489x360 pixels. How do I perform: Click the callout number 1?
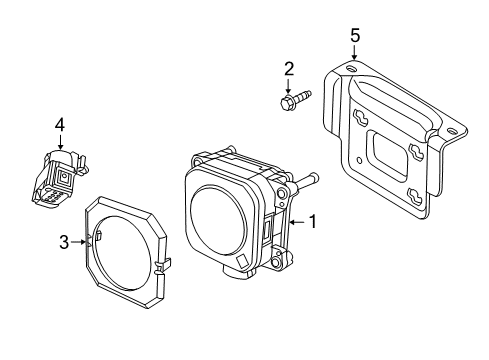312,222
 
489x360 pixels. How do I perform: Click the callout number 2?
288,69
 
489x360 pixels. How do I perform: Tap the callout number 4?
59,125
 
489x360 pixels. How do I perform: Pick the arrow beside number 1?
295,222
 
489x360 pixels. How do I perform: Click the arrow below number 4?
60,143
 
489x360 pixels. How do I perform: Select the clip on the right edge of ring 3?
160,266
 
